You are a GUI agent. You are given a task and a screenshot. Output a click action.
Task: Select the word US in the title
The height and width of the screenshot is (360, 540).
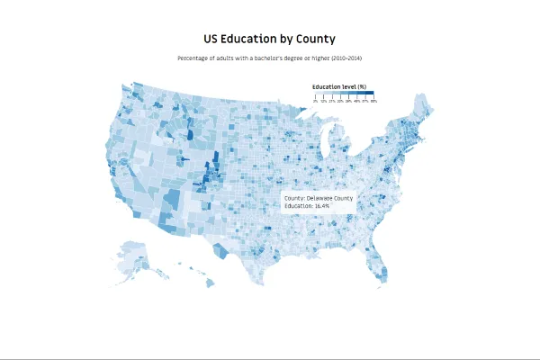pos(211,40)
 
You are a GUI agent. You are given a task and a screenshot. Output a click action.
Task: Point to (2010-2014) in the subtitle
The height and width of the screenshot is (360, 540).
pos(346,58)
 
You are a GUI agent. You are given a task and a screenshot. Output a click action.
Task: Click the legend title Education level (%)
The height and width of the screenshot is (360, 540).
pos(338,86)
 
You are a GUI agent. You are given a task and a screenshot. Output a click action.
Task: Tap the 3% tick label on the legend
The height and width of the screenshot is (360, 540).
pos(315,102)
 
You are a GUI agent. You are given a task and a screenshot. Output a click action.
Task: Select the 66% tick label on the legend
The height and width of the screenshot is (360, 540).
pos(373,102)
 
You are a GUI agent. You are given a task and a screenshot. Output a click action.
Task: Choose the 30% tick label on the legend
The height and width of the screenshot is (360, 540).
pos(340,102)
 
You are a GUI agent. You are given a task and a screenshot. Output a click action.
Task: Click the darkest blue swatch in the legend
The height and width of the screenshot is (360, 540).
pos(369,94)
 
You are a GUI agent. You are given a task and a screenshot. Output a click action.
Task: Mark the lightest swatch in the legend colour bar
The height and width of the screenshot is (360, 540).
pos(319,94)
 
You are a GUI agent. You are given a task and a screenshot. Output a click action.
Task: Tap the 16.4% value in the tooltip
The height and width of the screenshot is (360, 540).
pos(320,206)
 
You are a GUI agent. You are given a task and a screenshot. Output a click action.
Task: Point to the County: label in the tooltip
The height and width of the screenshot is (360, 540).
pos(294,197)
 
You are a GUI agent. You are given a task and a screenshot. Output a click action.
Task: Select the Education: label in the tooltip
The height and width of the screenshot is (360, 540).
pos(297,206)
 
